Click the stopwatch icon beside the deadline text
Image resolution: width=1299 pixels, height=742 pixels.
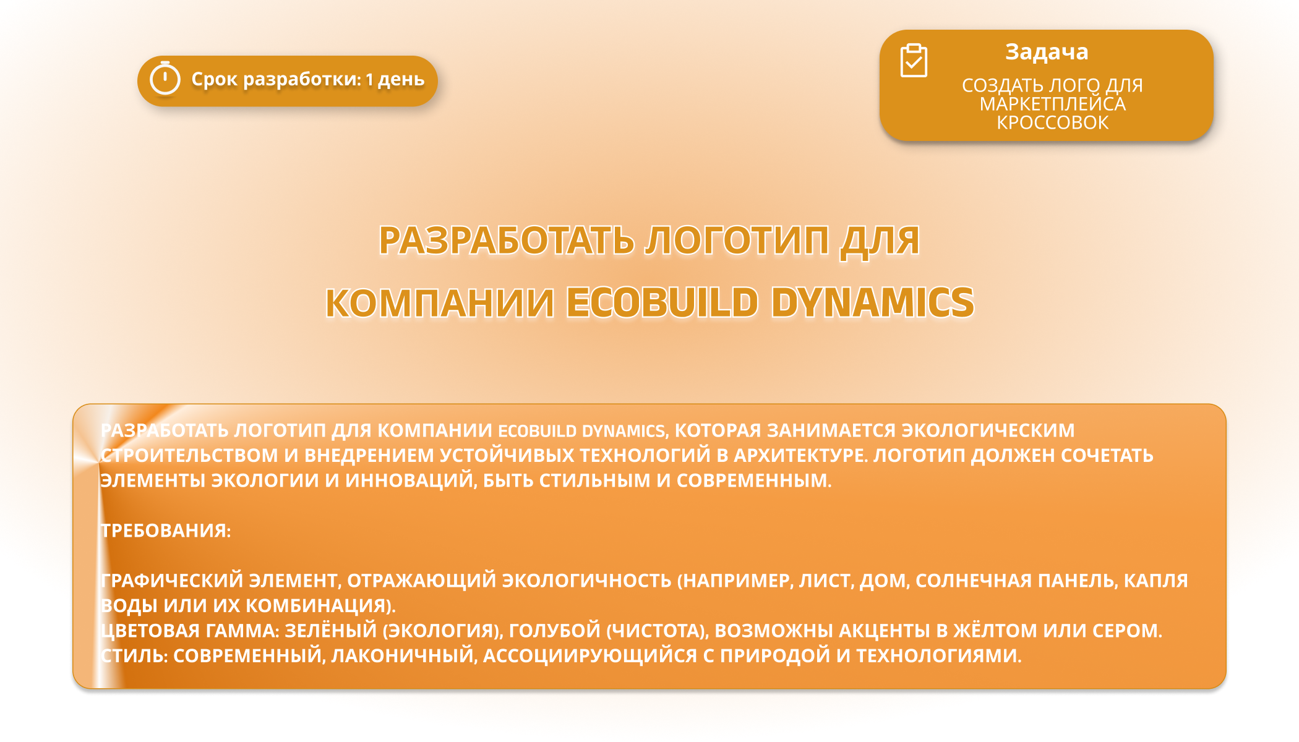point(165,79)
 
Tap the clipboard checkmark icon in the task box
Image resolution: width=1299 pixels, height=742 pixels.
point(914,61)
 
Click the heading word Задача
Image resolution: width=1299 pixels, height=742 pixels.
point(1047,52)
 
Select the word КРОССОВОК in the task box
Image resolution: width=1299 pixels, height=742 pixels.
point(1052,122)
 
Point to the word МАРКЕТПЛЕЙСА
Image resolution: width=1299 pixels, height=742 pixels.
point(1052,104)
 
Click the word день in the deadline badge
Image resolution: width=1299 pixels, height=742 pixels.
point(401,80)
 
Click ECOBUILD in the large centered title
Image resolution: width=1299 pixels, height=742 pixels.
point(662,302)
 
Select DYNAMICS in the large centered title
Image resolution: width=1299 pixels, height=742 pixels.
point(872,302)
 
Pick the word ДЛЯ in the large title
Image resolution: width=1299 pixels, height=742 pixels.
point(880,241)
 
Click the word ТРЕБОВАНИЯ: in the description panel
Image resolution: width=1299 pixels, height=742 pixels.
point(165,531)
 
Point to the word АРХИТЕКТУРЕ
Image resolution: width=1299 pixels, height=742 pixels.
point(800,455)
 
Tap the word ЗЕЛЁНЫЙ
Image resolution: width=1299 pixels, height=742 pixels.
point(331,630)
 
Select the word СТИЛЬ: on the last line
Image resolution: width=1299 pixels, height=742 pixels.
point(134,655)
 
